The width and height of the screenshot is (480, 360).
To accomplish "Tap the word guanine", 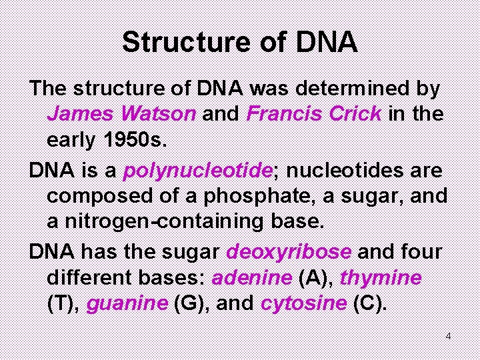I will (x=127, y=305).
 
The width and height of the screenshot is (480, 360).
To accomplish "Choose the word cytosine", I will (x=303, y=305).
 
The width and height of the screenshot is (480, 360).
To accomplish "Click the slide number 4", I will (x=449, y=336).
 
